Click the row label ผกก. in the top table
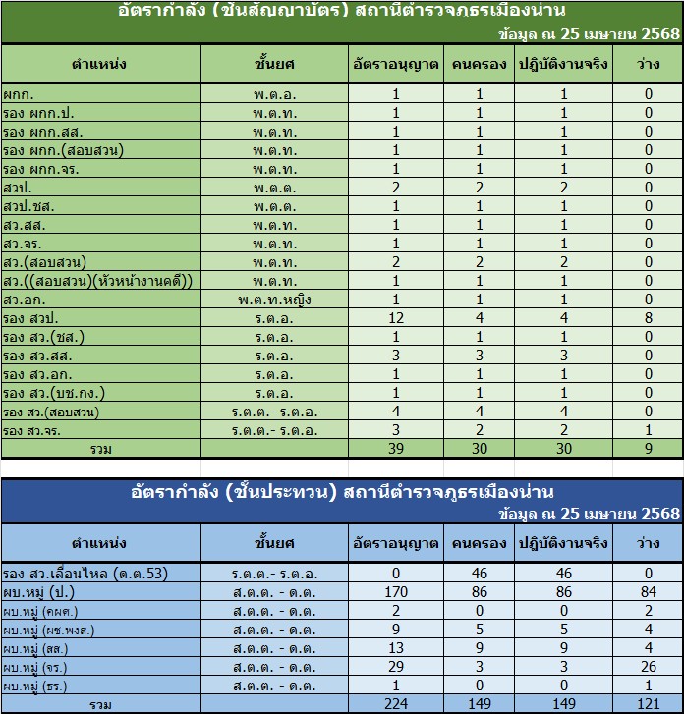pyautogui.click(x=17, y=94)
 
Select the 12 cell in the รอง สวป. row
pyautogui.click(x=396, y=318)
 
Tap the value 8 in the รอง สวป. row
pyautogui.click(x=649, y=318)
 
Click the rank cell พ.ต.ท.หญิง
pyautogui.click(x=275, y=300)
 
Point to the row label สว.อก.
pyautogui.click(x=22, y=300)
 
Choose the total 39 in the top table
pyautogui.click(x=396, y=449)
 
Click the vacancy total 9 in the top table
pyautogui.click(x=649, y=449)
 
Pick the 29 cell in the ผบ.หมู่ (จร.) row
pyautogui.click(x=396, y=667)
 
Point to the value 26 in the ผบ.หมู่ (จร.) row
pyautogui.click(x=649, y=667)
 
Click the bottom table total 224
pyautogui.click(x=396, y=705)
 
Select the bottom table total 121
pyautogui.click(x=649, y=705)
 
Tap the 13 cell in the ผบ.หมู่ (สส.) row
pyautogui.click(x=396, y=648)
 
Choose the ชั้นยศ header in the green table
pyautogui.click(x=275, y=65)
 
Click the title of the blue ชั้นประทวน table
pyautogui.click(x=342, y=491)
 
